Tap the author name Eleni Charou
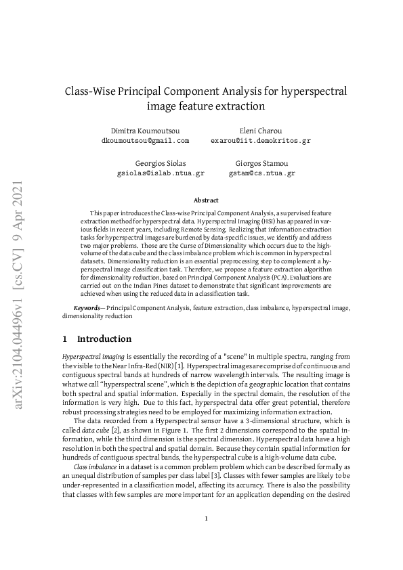pos(261,130)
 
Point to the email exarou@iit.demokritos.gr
pos(261,140)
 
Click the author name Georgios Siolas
pos(161,163)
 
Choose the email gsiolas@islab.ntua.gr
pos(161,173)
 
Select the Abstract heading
pos(206,200)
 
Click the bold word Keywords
pos(87,308)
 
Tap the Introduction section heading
pos(104,338)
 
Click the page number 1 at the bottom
pos(206,519)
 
